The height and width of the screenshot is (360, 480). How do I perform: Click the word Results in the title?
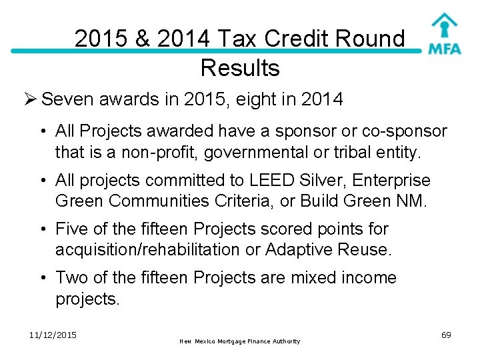coord(239,67)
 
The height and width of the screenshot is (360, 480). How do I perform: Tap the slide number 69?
coord(446,335)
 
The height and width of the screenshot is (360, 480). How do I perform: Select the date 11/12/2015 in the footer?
coord(53,335)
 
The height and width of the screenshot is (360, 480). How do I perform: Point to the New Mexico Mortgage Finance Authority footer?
coord(239,341)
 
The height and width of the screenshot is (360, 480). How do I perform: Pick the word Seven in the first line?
coord(67,100)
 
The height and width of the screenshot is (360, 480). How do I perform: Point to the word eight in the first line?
coord(254,100)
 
